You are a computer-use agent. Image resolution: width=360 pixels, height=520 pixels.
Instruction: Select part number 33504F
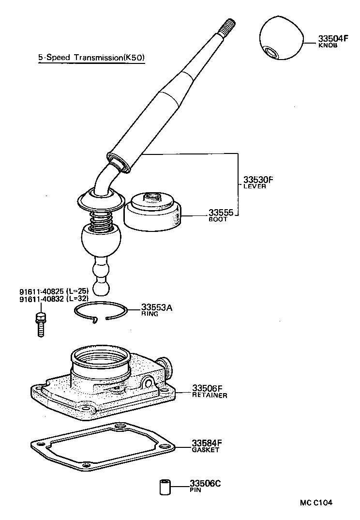click(333, 38)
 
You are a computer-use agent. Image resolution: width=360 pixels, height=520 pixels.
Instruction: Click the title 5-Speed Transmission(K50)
click(91, 58)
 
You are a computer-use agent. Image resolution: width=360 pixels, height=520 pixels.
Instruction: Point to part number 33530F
click(258, 180)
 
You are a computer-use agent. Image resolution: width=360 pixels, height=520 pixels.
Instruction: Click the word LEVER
click(255, 186)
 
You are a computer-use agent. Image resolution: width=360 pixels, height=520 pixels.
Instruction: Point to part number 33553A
click(157, 307)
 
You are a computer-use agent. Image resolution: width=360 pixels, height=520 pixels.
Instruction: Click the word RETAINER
click(210, 395)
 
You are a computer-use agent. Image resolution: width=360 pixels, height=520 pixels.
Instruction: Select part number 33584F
click(207, 443)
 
